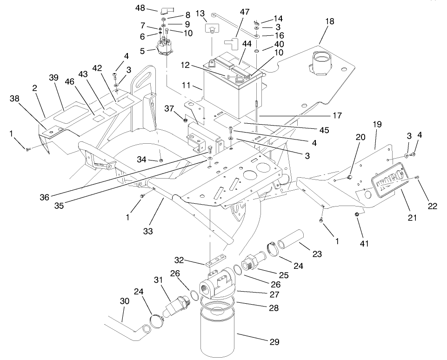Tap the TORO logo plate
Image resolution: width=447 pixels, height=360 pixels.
(x=386, y=186)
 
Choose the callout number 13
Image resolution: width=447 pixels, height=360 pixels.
(x=200, y=13)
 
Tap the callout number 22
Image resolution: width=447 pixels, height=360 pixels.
(x=432, y=206)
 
